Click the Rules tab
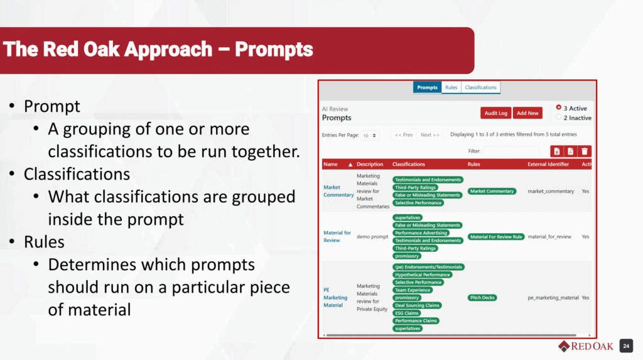451,87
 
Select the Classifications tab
480,87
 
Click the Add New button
527,113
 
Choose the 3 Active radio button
558,107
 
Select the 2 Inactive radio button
558,117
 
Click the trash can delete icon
585,151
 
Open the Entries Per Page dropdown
369,136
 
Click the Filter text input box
511,151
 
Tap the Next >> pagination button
430,134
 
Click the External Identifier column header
548,164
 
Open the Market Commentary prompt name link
338,191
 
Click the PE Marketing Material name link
335,297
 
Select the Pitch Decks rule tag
482,298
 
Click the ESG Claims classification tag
406,313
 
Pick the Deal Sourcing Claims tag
417,305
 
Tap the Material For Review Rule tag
496,237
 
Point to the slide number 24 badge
626,346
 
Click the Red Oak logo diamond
565,346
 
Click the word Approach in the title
168,50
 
